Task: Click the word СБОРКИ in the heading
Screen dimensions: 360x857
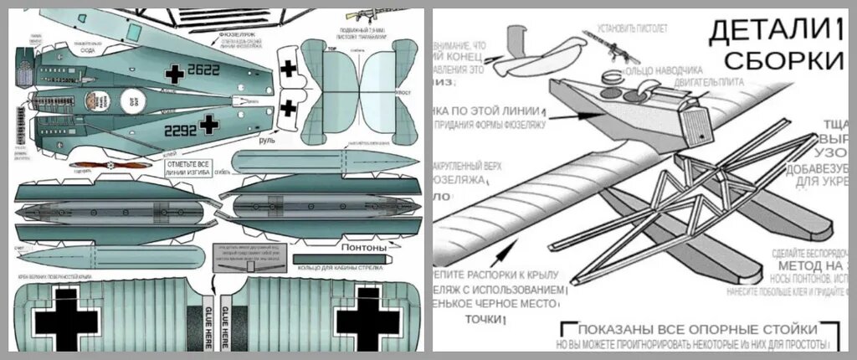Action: coord(783,60)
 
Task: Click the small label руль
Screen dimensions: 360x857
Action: coord(266,141)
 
